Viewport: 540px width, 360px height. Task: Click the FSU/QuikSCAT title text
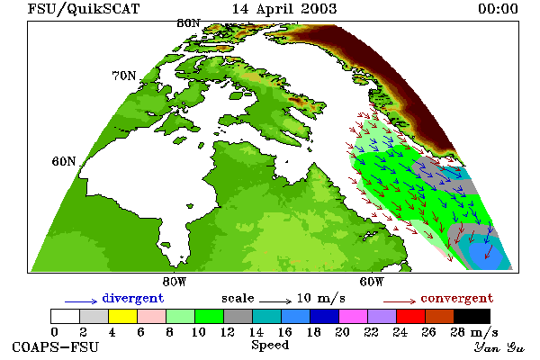(84, 9)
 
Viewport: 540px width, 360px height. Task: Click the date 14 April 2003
(284, 9)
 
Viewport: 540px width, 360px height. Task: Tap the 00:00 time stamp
(498, 9)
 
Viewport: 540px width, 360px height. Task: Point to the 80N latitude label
(188, 23)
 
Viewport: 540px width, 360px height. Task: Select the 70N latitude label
(124, 76)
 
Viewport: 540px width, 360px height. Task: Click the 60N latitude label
(64, 161)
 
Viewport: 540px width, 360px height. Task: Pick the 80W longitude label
(175, 282)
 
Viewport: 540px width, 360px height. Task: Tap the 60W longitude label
(371, 282)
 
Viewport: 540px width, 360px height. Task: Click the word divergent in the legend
(133, 298)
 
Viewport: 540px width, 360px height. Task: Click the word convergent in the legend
(456, 298)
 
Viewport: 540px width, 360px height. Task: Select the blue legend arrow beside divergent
(81, 301)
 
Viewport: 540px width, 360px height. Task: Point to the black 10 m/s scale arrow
(275, 301)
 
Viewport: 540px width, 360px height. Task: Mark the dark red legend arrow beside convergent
(400, 301)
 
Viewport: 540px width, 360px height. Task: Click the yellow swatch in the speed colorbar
(123, 316)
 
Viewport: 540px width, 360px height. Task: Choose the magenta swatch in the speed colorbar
(354, 316)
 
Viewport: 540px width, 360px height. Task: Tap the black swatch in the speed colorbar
(472, 316)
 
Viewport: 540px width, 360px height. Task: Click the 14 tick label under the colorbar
(256, 332)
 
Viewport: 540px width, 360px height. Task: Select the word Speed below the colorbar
(270, 346)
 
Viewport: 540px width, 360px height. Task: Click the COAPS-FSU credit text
(55, 346)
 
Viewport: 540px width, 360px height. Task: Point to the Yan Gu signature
(499, 347)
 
